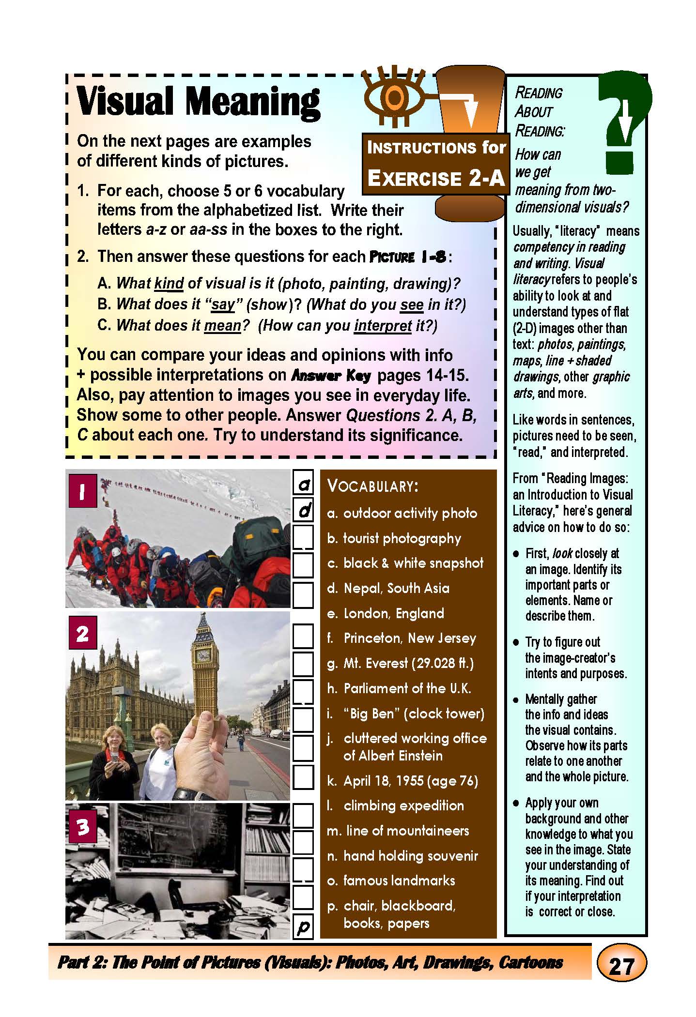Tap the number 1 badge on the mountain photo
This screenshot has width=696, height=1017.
point(82,491)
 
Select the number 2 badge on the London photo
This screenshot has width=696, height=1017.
point(82,633)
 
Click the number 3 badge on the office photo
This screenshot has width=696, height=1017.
point(82,826)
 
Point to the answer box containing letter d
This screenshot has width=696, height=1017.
point(304,510)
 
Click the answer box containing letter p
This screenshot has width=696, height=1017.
point(303,926)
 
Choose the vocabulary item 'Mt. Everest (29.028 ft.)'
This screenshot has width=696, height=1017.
point(400,663)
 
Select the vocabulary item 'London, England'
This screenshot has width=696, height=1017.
point(393,613)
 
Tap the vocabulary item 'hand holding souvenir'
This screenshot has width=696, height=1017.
point(402,855)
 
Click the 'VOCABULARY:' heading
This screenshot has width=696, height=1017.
point(372,486)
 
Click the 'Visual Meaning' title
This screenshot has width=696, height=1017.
point(199,102)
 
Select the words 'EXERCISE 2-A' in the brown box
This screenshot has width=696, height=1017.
point(436,178)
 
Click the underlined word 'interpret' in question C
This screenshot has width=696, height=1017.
point(383,325)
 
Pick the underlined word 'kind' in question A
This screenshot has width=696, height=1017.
point(169,283)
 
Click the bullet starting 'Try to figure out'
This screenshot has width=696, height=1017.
point(562,642)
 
